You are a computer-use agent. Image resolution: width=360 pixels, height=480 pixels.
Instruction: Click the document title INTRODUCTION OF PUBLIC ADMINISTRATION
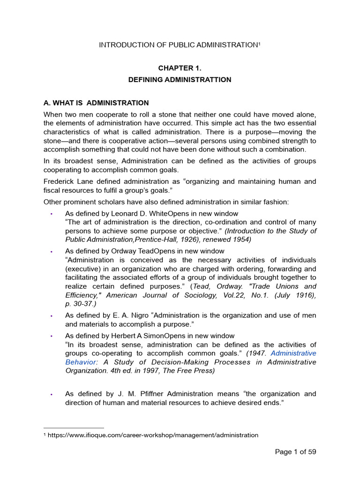179,45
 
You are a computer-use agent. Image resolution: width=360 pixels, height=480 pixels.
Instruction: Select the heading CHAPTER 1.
180,68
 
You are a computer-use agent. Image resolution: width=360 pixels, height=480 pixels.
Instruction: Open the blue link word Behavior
78,361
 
